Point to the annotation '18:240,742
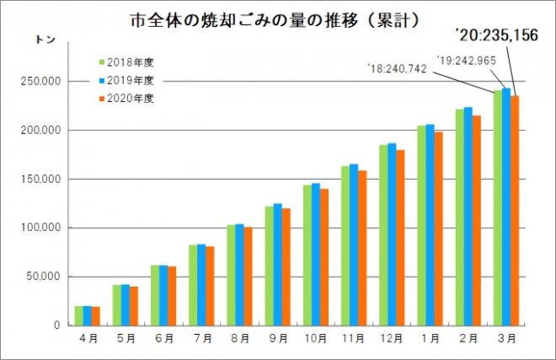(x=398, y=67)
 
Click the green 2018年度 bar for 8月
(x=232, y=275)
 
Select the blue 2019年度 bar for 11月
(x=354, y=244)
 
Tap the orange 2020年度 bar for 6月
(x=172, y=296)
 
